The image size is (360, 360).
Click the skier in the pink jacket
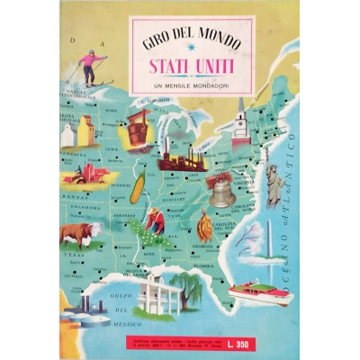[x=90, y=67]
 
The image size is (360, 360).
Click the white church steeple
[x=240, y=121]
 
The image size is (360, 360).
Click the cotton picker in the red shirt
[x=156, y=220]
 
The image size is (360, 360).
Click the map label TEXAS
[x=74, y=255]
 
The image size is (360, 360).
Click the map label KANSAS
[x=72, y=195]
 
